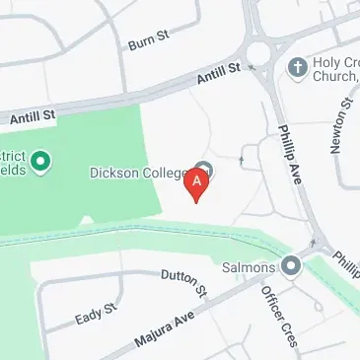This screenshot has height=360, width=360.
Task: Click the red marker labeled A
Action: tap(198, 183)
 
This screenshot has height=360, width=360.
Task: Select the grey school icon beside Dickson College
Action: tap(204, 169)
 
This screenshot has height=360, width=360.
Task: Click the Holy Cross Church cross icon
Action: tap(297, 67)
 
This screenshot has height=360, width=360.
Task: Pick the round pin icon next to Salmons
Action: tap(290, 265)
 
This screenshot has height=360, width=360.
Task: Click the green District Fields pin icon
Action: tap(41, 159)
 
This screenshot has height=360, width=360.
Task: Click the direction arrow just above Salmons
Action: tap(315, 242)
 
